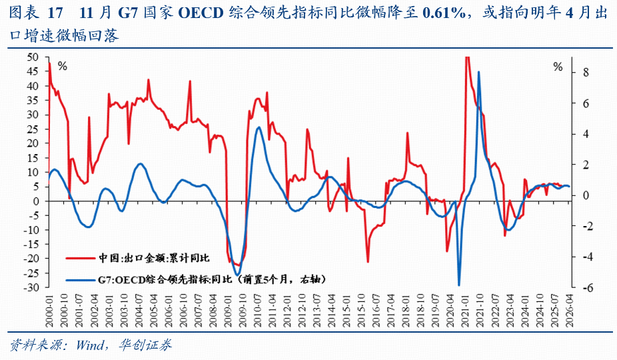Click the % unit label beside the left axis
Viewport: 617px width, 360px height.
pos(63,66)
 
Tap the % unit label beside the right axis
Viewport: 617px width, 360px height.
pos(558,66)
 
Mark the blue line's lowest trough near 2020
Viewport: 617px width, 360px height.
pos(459,285)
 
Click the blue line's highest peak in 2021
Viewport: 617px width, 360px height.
pos(479,72)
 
